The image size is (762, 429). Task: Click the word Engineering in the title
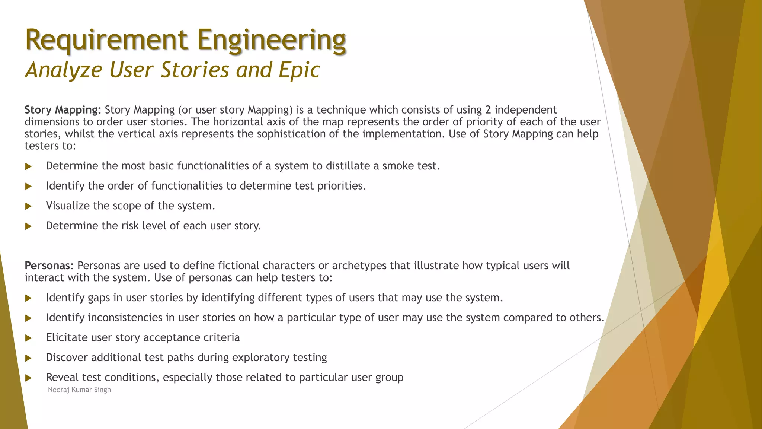[x=272, y=40]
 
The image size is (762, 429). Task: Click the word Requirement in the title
[x=106, y=40]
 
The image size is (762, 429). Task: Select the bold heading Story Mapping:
[x=63, y=110]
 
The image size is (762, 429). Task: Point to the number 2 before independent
[x=489, y=110]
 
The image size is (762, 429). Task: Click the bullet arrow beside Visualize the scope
[x=29, y=206]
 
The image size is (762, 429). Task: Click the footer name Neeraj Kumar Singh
[x=79, y=390]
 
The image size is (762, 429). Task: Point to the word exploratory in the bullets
[x=260, y=358]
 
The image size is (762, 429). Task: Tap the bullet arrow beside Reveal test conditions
[x=29, y=378]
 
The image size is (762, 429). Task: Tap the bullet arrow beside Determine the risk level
[x=29, y=226]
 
